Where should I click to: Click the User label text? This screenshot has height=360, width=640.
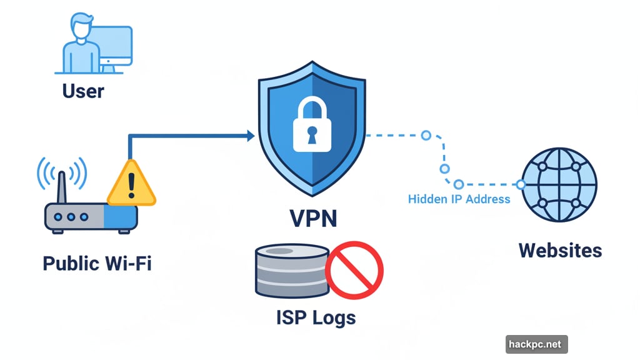(x=83, y=91)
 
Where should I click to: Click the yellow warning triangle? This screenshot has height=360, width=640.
(x=131, y=184)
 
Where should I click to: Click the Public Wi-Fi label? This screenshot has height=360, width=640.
(x=97, y=263)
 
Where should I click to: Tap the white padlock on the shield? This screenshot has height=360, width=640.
(x=312, y=128)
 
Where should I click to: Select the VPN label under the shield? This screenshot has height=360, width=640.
(x=313, y=218)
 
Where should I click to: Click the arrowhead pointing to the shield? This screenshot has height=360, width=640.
(x=249, y=135)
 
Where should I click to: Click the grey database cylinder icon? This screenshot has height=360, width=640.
(x=291, y=271)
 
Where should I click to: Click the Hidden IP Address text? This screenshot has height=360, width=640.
(x=459, y=199)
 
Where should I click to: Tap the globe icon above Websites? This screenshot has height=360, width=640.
(x=559, y=184)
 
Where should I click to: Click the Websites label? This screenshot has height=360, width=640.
(x=560, y=251)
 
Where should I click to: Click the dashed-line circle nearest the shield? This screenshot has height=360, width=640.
(x=426, y=135)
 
